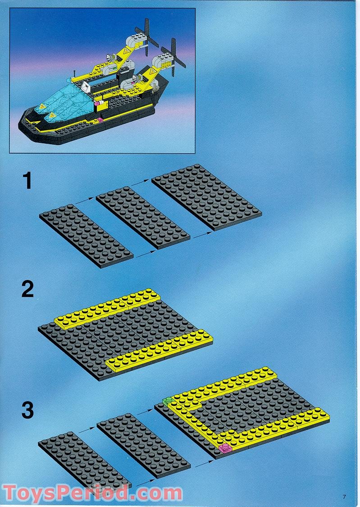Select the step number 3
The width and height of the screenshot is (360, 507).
click(28, 410)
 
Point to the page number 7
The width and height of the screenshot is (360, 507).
click(345, 497)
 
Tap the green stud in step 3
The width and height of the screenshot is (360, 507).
click(168, 401)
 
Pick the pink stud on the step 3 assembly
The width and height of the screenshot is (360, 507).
click(225, 448)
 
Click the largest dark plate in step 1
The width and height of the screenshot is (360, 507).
click(207, 197)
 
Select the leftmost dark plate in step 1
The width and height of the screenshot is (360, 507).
click(87, 236)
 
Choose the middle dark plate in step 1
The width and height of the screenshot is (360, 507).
click(143, 217)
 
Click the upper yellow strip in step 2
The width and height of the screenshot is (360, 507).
click(108, 309)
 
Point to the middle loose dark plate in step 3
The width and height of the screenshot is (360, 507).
click(144, 446)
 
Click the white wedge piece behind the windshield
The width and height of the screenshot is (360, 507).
click(86, 87)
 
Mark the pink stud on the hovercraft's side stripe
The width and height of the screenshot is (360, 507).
click(100, 120)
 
